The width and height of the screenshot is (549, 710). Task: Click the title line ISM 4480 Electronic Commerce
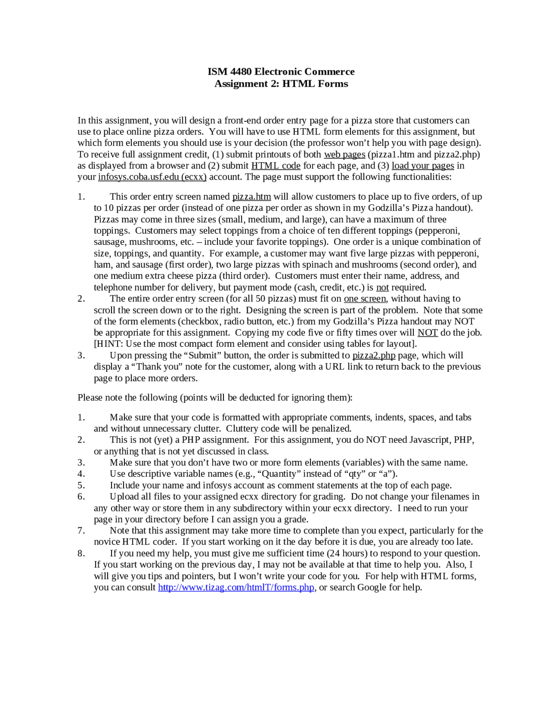[281, 72]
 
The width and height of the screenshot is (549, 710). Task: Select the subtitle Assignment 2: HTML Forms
[281, 84]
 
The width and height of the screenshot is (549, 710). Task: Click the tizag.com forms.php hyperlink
[236, 587]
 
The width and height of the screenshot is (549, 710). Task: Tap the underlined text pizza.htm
[251, 197]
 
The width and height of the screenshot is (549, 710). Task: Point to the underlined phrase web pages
[344, 154]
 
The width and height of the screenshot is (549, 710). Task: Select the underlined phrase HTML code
[276, 165]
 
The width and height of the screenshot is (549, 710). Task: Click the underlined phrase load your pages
[422, 165]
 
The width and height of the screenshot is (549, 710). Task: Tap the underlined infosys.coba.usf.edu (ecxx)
[152, 177]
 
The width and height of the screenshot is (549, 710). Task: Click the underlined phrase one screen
[365, 298]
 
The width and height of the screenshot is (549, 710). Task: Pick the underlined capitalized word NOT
[428, 333]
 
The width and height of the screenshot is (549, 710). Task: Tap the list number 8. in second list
[81, 554]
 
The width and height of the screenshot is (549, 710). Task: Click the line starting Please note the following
[215, 397]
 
